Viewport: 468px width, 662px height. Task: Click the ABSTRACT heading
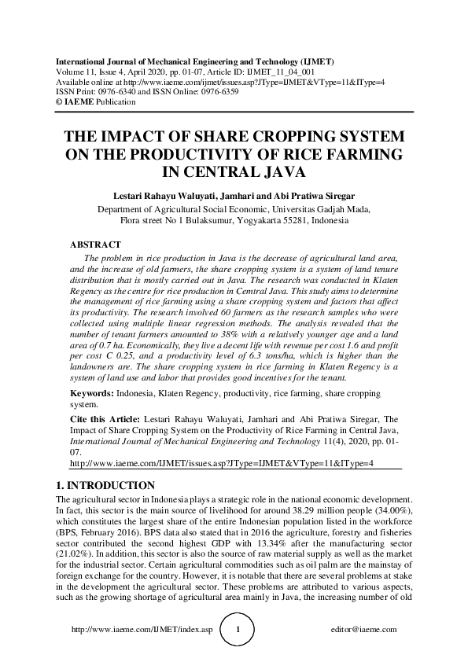pos(95,245)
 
